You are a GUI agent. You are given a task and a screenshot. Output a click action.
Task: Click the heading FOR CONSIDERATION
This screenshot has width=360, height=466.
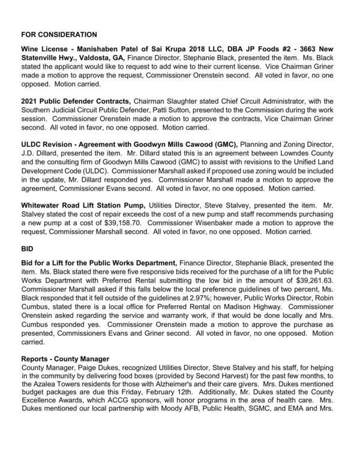click(59, 35)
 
